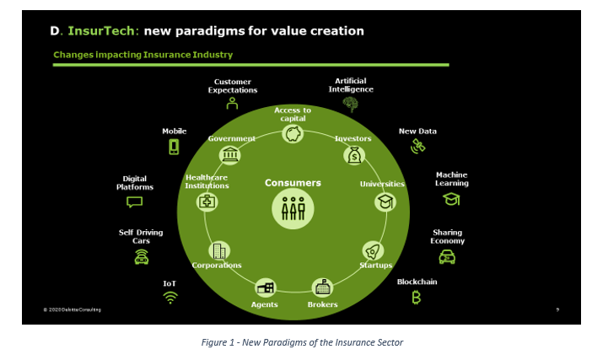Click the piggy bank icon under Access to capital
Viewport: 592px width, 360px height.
[x=293, y=134]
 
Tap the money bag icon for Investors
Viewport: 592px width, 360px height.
[x=354, y=155]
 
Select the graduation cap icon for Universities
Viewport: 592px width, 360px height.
[x=385, y=201]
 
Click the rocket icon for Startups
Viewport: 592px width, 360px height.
[x=373, y=251]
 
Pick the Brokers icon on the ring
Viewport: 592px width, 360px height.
[x=322, y=288]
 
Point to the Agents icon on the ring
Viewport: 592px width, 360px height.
[x=266, y=288]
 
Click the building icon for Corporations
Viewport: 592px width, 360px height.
[x=219, y=251]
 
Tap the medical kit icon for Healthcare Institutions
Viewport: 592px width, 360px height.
[x=207, y=201]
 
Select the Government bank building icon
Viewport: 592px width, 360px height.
[x=229, y=155]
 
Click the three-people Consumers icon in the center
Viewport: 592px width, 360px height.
[x=293, y=209]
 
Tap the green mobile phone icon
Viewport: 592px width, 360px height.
[x=174, y=147]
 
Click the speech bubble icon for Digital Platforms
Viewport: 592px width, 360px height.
[x=134, y=201]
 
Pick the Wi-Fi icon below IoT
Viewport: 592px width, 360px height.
[x=170, y=298]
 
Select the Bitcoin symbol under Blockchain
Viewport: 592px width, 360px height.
[x=416, y=298]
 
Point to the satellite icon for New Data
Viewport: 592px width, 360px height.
[x=418, y=146]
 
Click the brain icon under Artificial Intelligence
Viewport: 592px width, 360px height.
[x=350, y=105]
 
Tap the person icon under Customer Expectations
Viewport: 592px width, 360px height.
[x=232, y=103]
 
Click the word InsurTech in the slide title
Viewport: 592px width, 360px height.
[x=101, y=30]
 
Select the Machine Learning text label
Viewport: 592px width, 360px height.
[x=451, y=179]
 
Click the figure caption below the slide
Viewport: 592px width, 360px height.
[x=302, y=342]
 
